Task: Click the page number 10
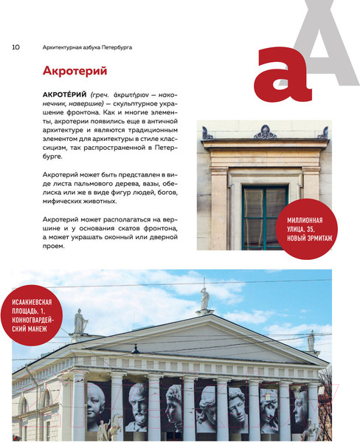(x=15, y=47)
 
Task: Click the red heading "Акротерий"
(x=76, y=72)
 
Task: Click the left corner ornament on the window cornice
(x=207, y=134)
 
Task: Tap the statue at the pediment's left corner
(x=80, y=321)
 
